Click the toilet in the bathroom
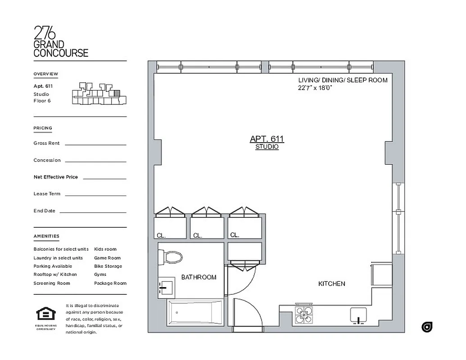tap(172, 258)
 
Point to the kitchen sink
tap(358, 315)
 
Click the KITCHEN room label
tap(331, 283)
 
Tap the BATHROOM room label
tap(199, 277)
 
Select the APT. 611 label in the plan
tap(267, 139)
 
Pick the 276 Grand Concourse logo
tap(61, 41)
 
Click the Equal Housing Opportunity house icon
tap(45, 314)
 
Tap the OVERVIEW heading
tap(45, 74)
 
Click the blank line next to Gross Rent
tap(95, 144)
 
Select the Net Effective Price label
tap(55, 177)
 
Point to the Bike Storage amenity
tap(108, 266)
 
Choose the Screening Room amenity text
tap(52, 283)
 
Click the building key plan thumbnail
tap(99, 94)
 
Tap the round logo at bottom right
tap(427, 327)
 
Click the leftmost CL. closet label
tap(161, 235)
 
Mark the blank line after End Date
tap(93, 212)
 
